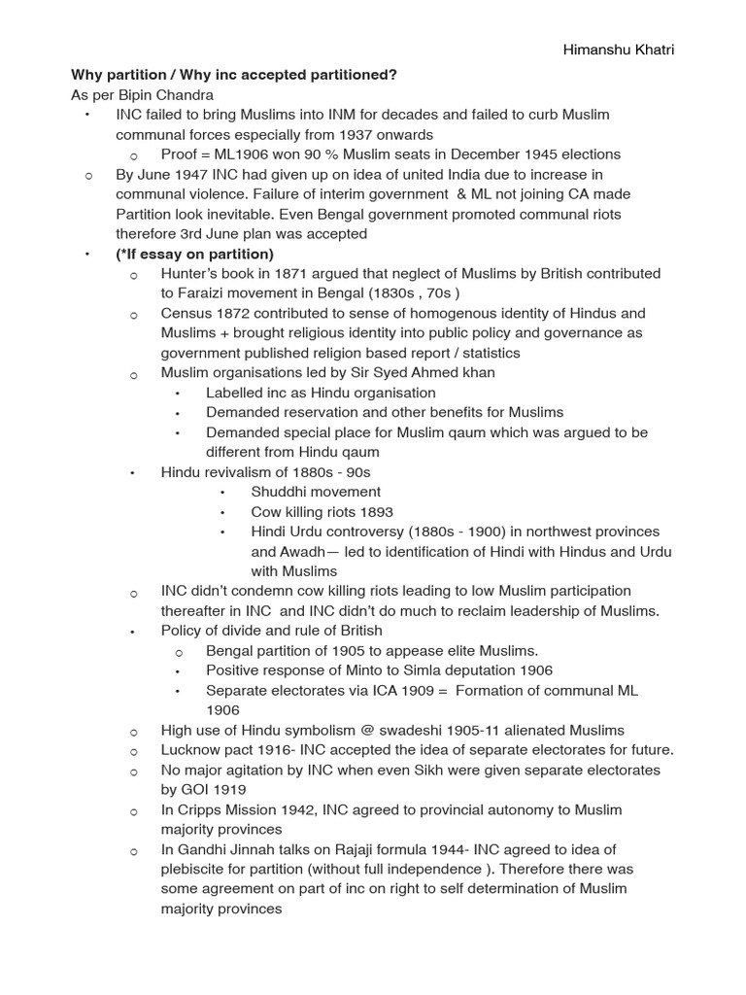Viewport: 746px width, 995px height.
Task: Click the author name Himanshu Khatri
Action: [x=620, y=51]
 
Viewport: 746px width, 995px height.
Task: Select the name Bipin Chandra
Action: [x=171, y=94]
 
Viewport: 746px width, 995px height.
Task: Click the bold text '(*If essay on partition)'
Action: [x=194, y=255]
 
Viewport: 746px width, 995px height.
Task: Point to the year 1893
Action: [x=374, y=512]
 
